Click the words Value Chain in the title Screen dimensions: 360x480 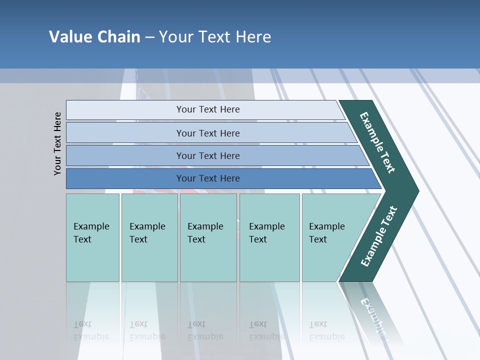click(x=94, y=37)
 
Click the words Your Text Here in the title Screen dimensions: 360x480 click(x=215, y=37)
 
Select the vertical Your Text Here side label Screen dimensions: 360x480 click(x=57, y=143)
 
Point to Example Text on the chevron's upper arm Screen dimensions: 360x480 click(x=377, y=142)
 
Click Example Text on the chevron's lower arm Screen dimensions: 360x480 click(x=378, y=236)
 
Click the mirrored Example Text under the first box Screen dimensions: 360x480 click(x=91, y=331)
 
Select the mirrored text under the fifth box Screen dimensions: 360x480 click(x=326, y=331)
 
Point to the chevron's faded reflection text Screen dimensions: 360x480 click(x=372, y=315)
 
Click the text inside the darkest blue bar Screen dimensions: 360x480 click(x=208, y=178)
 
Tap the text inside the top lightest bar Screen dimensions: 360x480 click(x=208, y=109)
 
